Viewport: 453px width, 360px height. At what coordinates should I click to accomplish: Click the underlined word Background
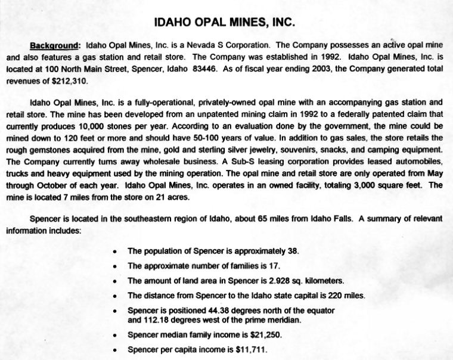54,45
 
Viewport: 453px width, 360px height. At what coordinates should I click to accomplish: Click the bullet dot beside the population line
115,252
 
